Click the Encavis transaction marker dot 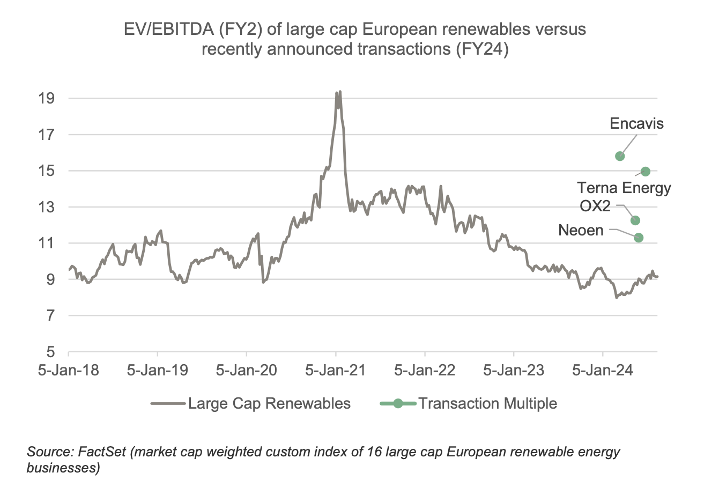pos(620,156)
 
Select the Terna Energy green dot pos(646,172)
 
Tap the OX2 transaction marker pos(635,220)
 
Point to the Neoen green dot pos(639,238)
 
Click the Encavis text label pos(637,124)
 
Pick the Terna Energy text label pos(624,188)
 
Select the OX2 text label pos(595,206)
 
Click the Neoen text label pos(581,231)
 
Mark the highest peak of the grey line pos(340,92)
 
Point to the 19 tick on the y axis pos(47,99)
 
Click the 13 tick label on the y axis pos(47,207)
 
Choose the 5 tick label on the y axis pos(51,352)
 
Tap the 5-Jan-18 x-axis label pos(68,370)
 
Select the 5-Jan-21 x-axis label pos(335,370)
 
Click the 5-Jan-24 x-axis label pos(602,370)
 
